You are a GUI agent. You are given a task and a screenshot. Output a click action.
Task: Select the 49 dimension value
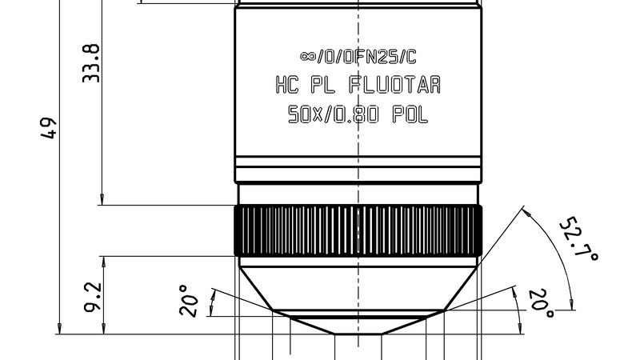click(50, 128)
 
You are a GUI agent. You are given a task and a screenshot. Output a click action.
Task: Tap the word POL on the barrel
click(410, 114)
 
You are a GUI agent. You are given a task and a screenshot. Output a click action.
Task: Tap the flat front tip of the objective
click(358, 333)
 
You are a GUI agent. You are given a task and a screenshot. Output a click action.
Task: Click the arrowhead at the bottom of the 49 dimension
click(58, 327)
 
